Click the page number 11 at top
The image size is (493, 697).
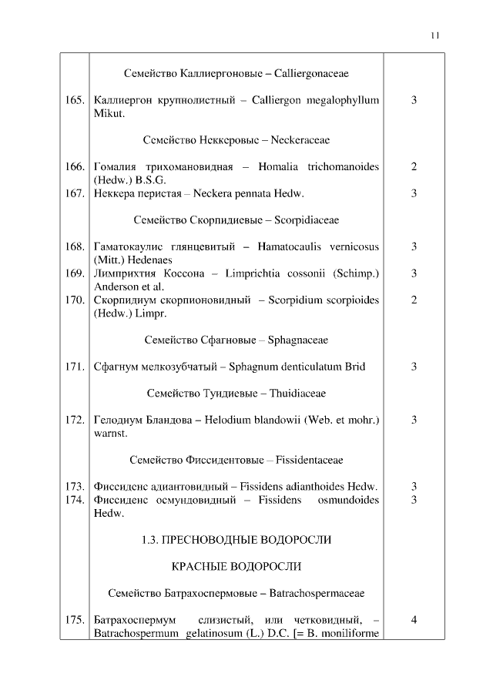coord(435,35)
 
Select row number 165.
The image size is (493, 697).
coord(75,101)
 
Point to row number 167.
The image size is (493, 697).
coord(75,193)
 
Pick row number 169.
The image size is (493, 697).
coord(75,273)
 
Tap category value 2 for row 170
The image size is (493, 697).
coord(414,300)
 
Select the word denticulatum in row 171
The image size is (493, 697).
coord(307,367)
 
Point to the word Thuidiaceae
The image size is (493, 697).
coord(297,393)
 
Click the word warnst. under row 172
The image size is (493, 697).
coord(109,433)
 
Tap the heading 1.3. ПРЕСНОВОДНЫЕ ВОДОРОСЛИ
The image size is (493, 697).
coord(236,540)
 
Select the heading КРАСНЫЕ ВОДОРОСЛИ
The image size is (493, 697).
coord(236,566)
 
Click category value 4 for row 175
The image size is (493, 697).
coord(414,619)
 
